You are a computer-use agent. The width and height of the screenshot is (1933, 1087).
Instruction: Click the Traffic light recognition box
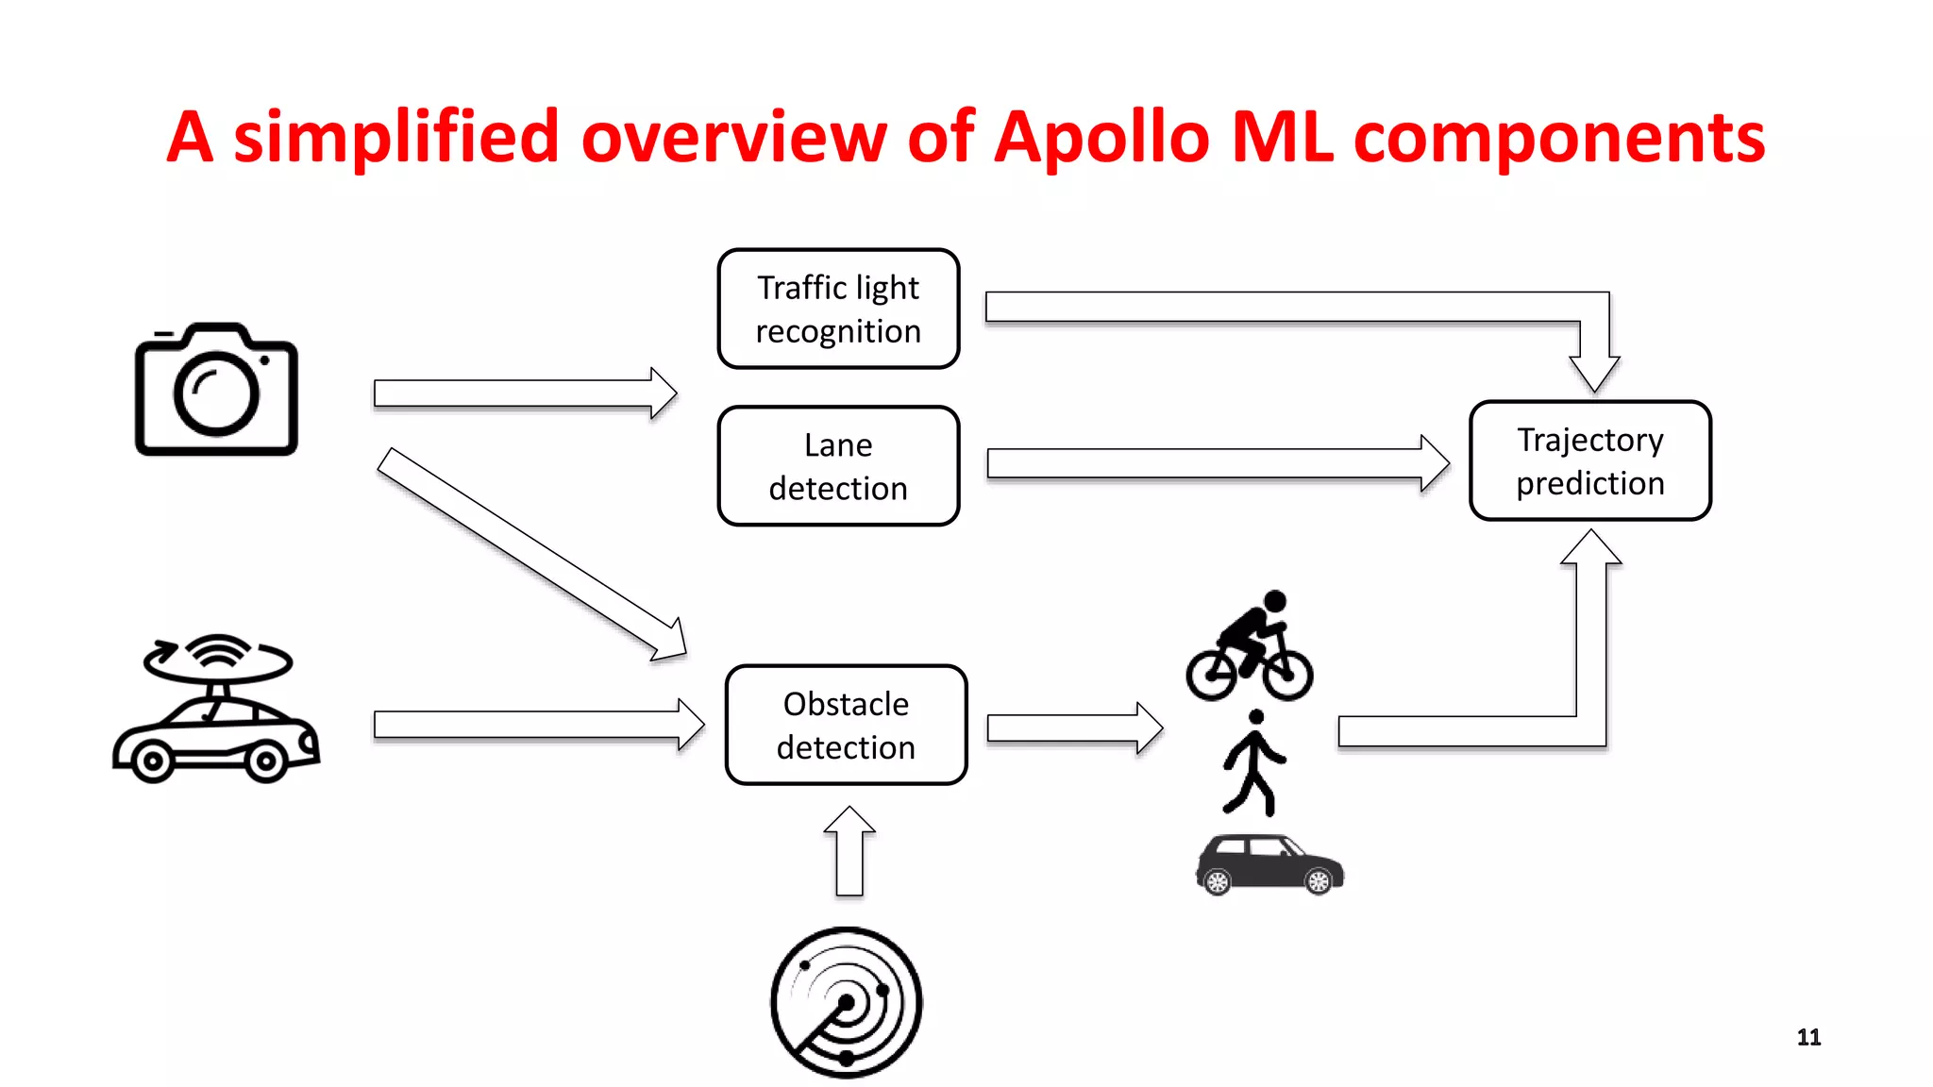(x=838, y=309)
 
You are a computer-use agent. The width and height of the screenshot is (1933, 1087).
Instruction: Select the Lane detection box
(x=838, y=466)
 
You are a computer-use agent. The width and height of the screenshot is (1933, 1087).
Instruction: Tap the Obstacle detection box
(x=846, y=725)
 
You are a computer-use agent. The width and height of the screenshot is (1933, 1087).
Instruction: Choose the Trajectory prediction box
(x=1590, y=460)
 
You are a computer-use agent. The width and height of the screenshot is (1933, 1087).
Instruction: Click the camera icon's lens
(x=216, y=393)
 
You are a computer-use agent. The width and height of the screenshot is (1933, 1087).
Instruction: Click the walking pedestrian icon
(x=1252, y=762)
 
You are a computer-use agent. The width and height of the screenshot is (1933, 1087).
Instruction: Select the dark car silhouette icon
(x=1269, y=864)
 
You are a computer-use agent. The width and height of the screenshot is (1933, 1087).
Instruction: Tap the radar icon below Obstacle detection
(x=846, y=1002)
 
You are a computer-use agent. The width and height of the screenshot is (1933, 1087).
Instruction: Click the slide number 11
(x=1808, y=1037)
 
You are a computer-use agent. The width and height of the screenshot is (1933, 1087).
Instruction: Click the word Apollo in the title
(x=1101, y=138)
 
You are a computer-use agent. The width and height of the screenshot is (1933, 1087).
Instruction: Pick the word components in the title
(x=1559, y=138)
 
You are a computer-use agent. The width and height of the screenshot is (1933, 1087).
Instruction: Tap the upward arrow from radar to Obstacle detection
(x=849, y=852)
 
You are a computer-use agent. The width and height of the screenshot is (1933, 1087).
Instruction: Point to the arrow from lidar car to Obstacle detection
(x=538, y=725)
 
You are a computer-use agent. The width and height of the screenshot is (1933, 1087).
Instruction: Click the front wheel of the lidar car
(x=153, y=761)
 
